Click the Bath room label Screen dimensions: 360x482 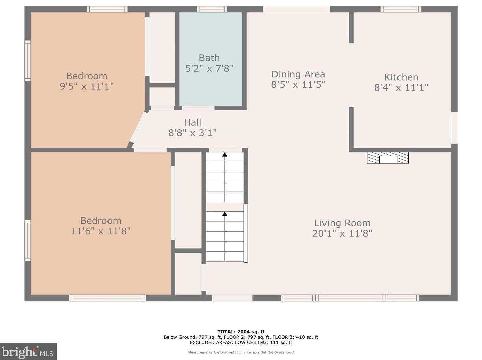(209, 58)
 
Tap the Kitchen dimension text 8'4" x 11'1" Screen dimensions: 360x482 (401, 88)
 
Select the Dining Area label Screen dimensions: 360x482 (298, 74)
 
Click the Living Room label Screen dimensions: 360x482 (342, 223)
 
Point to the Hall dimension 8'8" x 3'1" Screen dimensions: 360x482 (192, 133)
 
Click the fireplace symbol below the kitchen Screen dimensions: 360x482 (388, 158)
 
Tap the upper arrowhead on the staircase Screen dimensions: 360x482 (225, 155)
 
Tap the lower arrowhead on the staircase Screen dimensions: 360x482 (225, 214)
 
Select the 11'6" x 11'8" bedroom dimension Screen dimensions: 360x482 (101, 231)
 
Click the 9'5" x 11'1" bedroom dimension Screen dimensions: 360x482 (87, 86)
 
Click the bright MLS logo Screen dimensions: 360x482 (28, 352)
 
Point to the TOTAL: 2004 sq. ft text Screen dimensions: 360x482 (241, 332)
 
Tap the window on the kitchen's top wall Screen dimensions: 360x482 (401, 9)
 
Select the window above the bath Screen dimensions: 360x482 (212, 9)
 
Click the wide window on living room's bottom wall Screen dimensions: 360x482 (350, 298)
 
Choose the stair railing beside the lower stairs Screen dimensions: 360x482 (246, 233)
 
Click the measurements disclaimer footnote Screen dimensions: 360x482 (241, 352)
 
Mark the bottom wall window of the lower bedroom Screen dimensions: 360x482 (107, 298)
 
